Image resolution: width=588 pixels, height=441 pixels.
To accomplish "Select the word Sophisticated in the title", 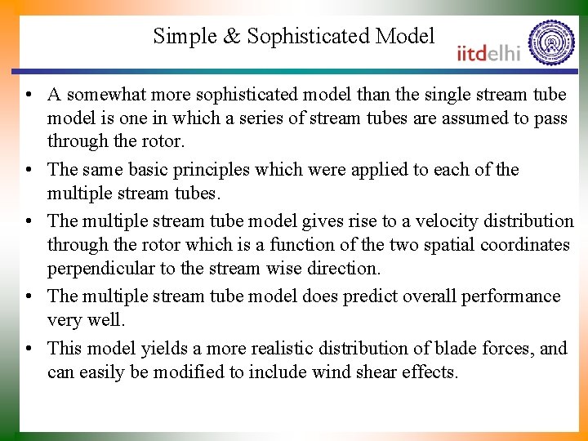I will click(x=308, y=37).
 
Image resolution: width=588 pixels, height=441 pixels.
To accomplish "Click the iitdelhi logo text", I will click(x=488, y=52).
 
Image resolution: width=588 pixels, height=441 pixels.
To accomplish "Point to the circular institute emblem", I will click(x=551, y=42).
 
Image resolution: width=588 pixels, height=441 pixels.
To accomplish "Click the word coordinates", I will click(x=525, y=244).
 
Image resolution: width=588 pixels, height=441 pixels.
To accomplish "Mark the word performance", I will click(x=511, y=296).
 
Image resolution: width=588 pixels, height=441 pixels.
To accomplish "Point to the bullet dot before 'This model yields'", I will click(x=29, y=349).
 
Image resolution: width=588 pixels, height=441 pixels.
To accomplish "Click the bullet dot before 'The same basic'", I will click(x=29, y=170).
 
